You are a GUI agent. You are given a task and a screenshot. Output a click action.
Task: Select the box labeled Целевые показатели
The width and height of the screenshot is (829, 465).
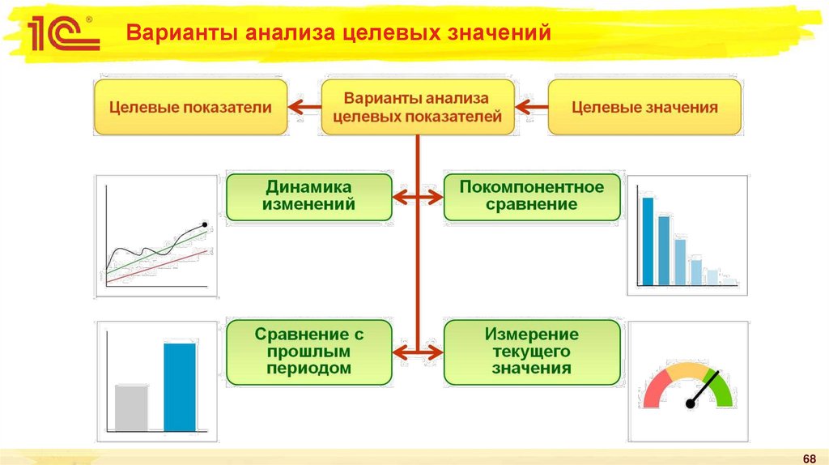tap(190, 107)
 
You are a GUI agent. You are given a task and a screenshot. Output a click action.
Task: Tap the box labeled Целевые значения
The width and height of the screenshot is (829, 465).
tap(644, 107)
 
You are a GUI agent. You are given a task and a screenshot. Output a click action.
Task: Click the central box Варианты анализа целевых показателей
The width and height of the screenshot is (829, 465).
tap(417, 107)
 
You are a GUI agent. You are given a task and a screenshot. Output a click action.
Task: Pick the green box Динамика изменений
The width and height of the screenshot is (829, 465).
tap(309, 196)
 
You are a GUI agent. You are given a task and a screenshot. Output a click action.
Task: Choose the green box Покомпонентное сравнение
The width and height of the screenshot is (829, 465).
tap(532, 196)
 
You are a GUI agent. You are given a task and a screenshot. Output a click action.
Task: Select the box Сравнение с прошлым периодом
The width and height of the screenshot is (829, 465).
tap(309, 352)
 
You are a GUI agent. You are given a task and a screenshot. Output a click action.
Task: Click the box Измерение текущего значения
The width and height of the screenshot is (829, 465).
tap(532, 352)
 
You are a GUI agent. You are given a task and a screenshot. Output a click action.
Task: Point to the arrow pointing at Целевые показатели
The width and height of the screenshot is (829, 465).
tap(304, 106)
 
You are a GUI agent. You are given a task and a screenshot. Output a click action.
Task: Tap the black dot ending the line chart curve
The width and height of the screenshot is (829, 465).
tap(204, 224)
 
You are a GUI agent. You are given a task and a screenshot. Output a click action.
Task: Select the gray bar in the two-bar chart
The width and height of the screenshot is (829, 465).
tap(131, 407)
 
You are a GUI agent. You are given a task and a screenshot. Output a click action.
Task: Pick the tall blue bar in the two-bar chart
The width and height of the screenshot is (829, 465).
tap(180, 386)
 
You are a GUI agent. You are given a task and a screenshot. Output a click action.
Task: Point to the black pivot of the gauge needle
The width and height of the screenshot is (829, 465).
tap(691, 403)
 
